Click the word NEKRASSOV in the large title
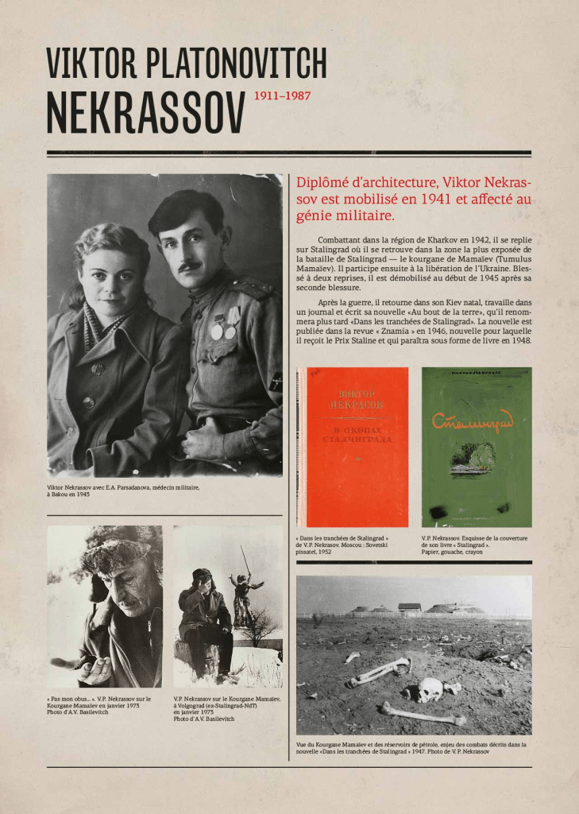[145, 115]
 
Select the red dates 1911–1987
[282, 97]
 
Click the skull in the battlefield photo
[430, 688]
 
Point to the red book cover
[357, 447]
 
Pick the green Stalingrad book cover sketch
[477, 447]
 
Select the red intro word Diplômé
[326, 183]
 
